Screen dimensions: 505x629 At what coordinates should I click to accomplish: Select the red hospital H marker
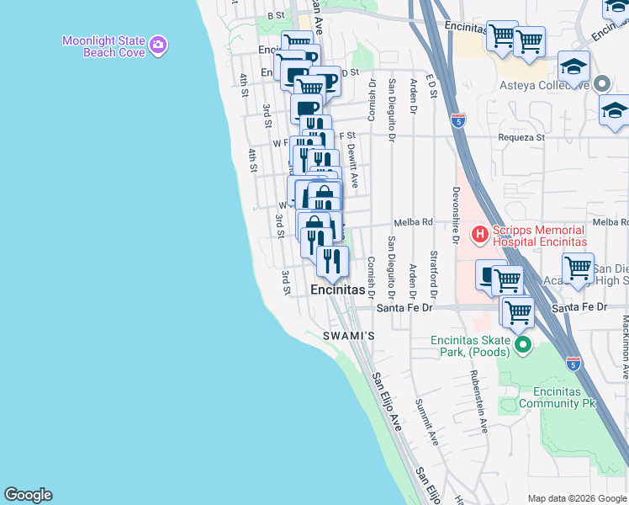point(479,234)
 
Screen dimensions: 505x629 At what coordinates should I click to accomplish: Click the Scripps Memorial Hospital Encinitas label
point(537,236)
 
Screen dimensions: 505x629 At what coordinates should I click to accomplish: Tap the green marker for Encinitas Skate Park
point(522,343)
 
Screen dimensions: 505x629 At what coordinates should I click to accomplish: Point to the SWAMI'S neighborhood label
point(349,336)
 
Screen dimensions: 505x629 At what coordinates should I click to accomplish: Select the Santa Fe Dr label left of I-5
point(404,308)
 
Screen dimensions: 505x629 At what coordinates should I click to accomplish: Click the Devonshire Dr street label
point(456,215)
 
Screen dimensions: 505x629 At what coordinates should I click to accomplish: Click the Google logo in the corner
point(28,495)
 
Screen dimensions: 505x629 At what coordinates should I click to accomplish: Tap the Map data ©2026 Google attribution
point(577,498)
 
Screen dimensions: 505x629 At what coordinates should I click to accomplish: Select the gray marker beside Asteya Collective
point(601,84)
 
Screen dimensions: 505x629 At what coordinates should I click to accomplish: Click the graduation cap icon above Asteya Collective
point(573,66)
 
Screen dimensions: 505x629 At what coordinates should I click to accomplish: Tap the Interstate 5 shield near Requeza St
point(457,120)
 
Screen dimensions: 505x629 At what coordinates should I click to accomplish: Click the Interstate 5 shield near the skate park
point(573,364)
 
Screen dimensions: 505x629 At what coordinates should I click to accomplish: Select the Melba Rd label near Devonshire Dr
point(414,222)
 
